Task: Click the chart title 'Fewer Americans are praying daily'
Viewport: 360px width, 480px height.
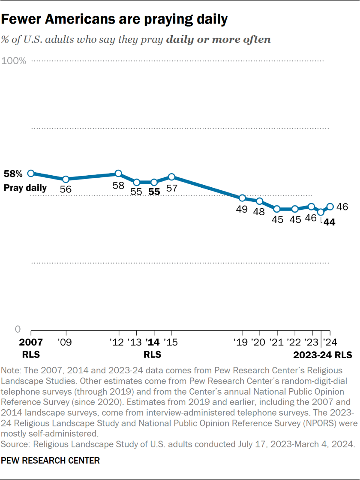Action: (x=114, y=19)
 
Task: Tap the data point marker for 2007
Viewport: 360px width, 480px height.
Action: (x=31, y=173)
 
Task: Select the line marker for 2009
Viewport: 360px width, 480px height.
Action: (x=66, y=179)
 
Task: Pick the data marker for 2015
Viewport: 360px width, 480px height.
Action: (x=171, y=177)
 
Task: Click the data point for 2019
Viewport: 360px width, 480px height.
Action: (x=242, y=198)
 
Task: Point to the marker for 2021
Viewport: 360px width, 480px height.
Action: (x=277, y=209)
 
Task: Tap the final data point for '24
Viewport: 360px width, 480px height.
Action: (x=330, y=206)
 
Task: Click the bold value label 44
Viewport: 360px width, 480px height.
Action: (x=329, y=222)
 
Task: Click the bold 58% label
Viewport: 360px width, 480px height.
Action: (x=12, y=174)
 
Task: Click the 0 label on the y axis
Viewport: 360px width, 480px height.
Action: (x=18, y=329)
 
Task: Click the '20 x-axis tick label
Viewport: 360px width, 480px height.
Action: (x=260, y=342)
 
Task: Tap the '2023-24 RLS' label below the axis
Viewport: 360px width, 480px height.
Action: (x=323, y=355)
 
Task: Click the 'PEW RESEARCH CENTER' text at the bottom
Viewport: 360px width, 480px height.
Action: (x=51, y=461)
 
